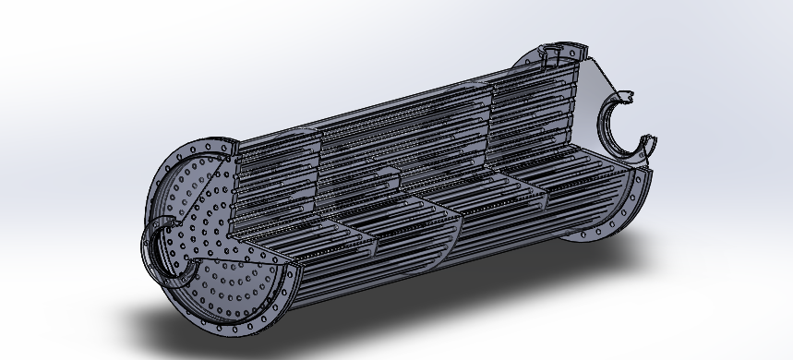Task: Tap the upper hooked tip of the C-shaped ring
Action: pyautogui.click(x=628, y=95)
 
